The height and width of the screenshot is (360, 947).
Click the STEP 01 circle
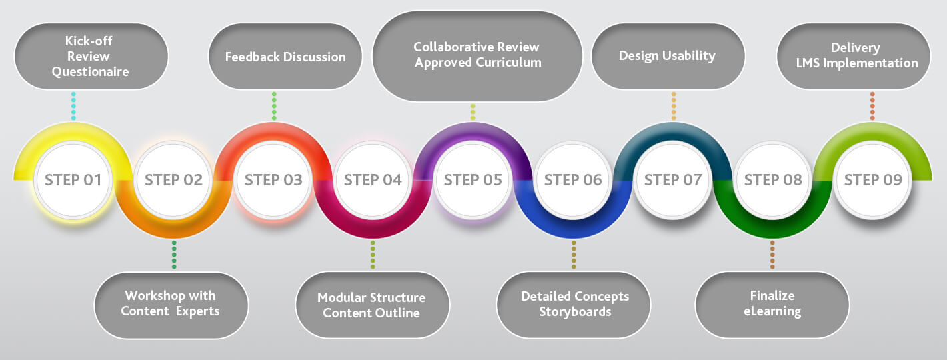pos(73,180)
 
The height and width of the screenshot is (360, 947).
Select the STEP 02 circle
pos(173,180)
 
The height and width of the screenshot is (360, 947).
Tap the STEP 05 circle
pos(473,180)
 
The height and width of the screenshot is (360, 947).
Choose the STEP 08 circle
pos(773,180)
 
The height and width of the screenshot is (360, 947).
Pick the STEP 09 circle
pos(873,180)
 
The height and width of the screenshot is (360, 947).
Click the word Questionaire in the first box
pos(91,72)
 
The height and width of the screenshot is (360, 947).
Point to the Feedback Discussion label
pos(285,57)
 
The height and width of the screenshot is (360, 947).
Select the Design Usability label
pos(667,56)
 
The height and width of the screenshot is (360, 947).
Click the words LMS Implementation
pos(857,63)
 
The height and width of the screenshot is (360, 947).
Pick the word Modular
pos(342,297)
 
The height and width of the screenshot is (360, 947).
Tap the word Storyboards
pos(575,312)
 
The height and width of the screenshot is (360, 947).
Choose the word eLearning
pos(772,311)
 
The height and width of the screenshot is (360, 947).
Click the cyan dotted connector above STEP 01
pos(73,106)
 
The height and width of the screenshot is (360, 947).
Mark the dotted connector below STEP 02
pos(174,255)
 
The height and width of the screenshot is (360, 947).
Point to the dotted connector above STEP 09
pos(872,106)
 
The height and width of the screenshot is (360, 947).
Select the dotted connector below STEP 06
pos(574,255)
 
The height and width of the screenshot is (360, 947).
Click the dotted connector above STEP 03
pos(274,106)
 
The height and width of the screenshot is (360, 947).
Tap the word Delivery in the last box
pos(855,48)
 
